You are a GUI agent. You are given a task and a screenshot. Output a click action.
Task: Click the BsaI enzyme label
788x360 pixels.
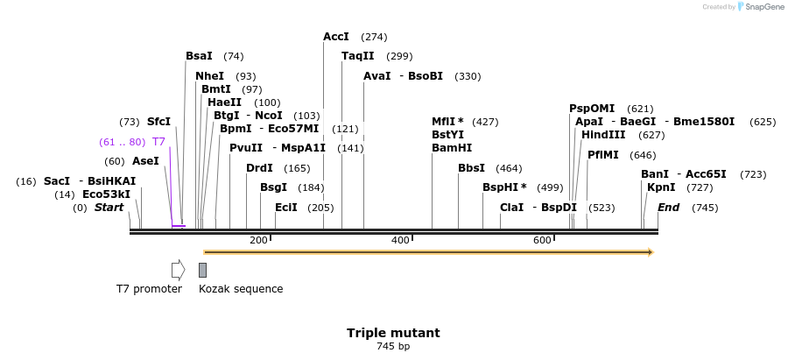199,56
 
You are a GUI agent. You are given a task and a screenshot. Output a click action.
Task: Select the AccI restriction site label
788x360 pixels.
336,37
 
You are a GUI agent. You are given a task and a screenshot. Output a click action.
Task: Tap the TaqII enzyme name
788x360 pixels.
357,56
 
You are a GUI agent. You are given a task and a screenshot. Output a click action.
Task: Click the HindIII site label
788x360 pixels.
603,135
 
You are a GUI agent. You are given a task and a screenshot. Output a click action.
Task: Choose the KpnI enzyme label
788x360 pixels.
661,187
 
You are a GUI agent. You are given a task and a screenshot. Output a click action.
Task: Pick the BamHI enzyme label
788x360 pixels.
452,148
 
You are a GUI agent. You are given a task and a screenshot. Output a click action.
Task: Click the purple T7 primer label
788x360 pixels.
158,142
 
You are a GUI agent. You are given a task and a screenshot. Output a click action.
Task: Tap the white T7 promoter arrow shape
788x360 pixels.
178,270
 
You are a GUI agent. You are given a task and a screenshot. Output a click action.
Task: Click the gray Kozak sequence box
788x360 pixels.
202,270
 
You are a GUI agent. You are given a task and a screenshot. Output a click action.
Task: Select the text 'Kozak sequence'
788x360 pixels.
241,289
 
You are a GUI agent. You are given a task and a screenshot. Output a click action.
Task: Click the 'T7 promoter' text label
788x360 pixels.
149,289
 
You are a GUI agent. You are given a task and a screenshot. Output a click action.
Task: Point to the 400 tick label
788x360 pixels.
400,241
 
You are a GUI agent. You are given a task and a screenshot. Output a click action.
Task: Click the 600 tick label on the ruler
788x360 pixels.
542,241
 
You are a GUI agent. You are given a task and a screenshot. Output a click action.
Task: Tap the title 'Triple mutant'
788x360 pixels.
393,333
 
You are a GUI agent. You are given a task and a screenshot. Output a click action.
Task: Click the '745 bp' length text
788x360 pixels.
393,347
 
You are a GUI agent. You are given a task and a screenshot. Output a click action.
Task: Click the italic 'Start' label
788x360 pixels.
109,208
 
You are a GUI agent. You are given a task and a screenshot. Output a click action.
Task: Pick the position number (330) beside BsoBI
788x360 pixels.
468,76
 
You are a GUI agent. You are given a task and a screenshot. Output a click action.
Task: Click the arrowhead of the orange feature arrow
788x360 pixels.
651,252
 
